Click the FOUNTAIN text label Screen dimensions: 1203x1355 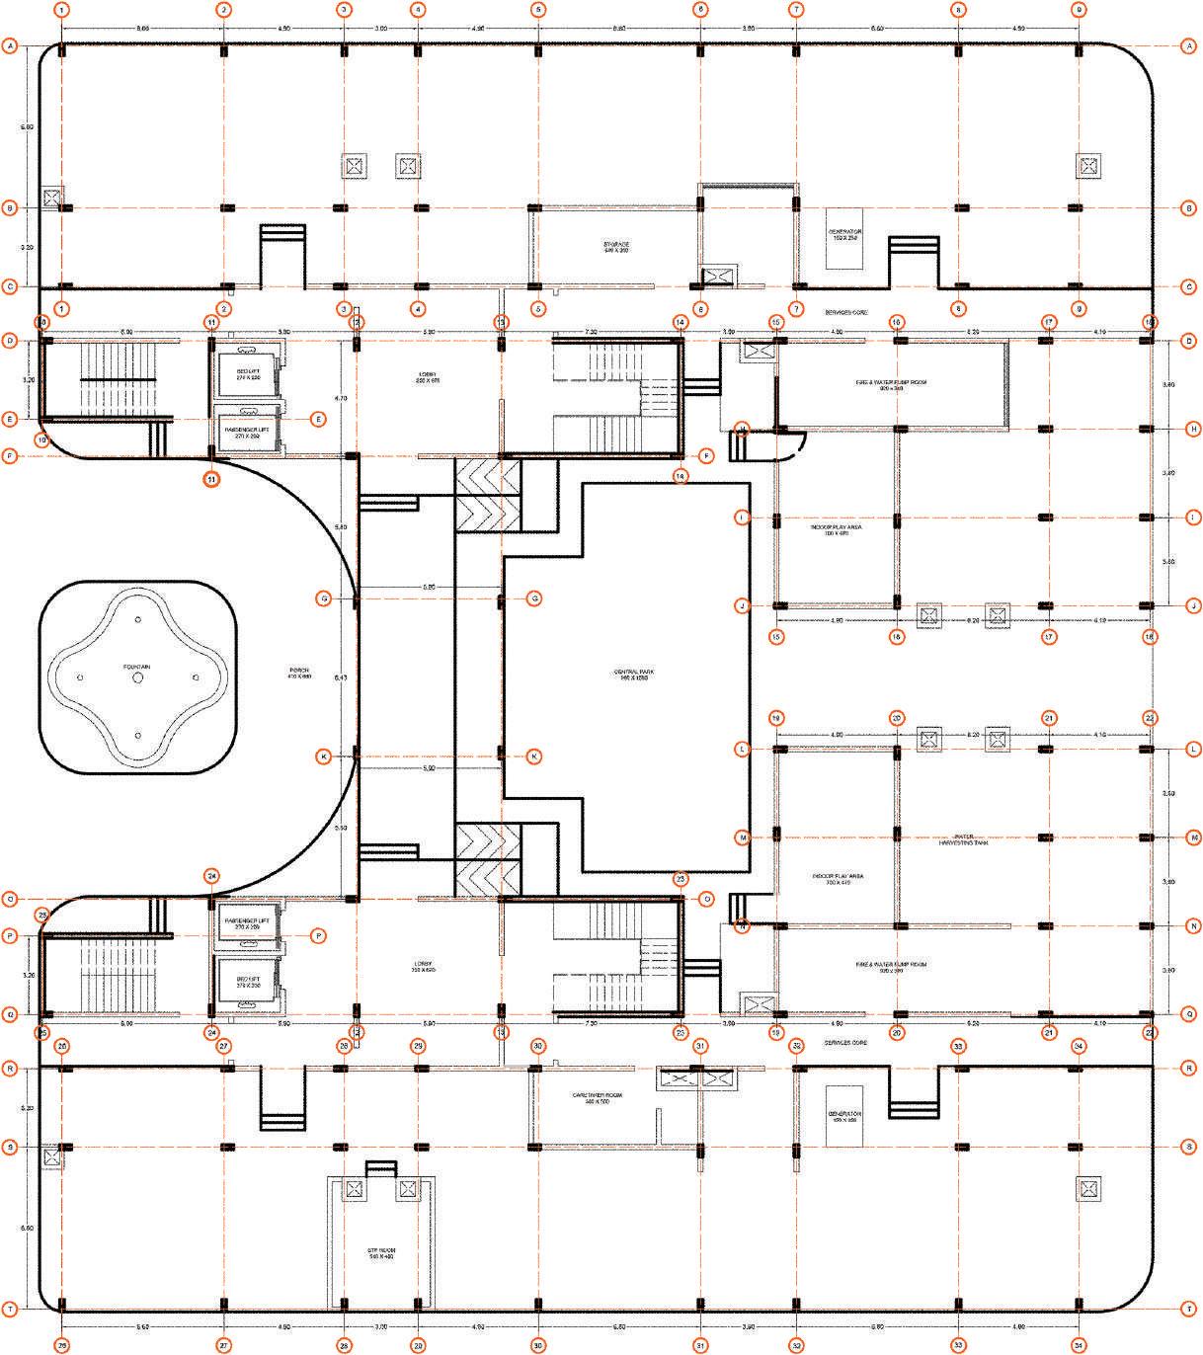pyautogui.click(x=136, y=668)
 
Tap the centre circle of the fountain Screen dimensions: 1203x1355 pyautogui.click(x=137, y=677)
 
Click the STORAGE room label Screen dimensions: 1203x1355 pyautogui.click(x=616, y=247)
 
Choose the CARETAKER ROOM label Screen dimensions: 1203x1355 pyautogui.click(x=597, y=1098)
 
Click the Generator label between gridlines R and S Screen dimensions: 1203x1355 pyautogui.click(x=844, y=1116)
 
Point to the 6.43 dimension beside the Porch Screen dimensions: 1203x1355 pyautogui.click(x=341, y=677)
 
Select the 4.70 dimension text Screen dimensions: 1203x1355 pyautogui.click(x=341, y=398)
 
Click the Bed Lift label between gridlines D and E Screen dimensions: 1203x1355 pyautogui.click(x=248, y=374)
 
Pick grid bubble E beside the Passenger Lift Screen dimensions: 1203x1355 pyautogui.click(x=318, y=419)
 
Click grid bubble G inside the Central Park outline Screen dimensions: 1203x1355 pyautogui.click(x=533, y=598)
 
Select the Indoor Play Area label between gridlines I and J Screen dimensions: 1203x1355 pyautogui.click(x=837, y=530)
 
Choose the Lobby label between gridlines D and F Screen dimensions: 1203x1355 pyautogui.click(x=427, y=377)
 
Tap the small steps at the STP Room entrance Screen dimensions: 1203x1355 pyautogui.click(x=380, y=1169)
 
